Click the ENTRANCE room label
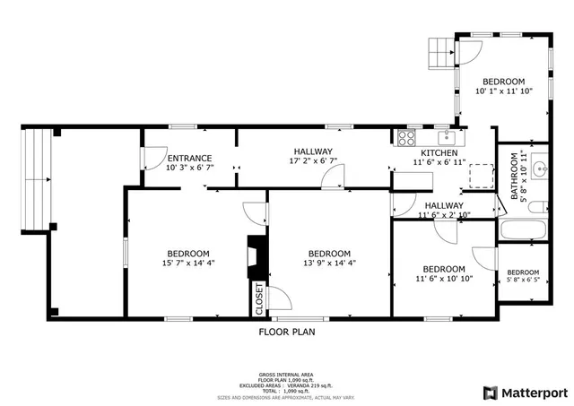coord(189,158)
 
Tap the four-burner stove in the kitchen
coord(405,138)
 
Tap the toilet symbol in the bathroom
coord(535,207)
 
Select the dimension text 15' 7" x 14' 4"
coord(187,263)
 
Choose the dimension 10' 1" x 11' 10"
coord(503,91)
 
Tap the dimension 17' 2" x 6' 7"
coord(311,162)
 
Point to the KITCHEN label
coord(439,151)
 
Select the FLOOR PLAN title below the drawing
coord(286,331)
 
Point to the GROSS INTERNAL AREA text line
coord(286,375)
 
